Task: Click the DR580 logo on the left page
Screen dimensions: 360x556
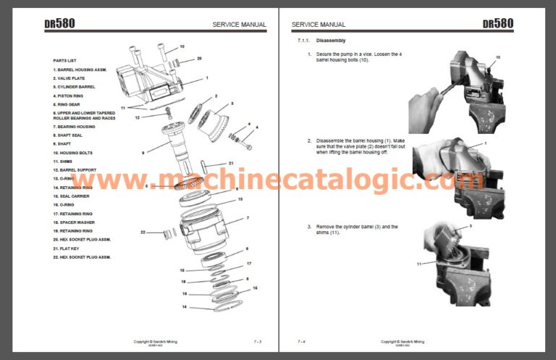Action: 59,23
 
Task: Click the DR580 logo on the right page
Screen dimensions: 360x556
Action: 498,23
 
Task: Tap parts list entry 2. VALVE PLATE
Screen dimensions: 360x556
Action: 71,78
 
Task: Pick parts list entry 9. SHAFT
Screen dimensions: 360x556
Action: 63,144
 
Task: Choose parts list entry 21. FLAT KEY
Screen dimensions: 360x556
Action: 67,248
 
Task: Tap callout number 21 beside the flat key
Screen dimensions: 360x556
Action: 231,163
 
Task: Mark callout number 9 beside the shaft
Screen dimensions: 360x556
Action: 143,153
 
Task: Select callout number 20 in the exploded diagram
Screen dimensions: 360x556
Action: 199,58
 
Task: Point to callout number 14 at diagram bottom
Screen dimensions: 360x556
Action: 183,307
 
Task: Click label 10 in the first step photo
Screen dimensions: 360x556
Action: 497,56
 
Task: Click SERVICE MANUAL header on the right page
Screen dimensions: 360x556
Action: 319,24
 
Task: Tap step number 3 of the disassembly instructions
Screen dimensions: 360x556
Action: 309,227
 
